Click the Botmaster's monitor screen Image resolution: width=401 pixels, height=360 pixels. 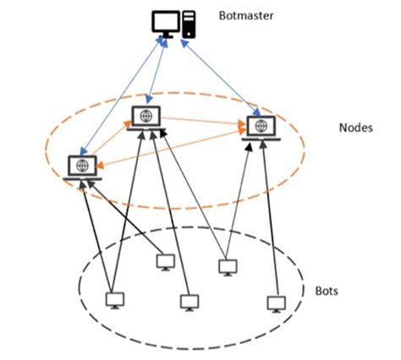(x=166, y=21)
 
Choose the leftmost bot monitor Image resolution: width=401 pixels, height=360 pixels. (x=113, y=300)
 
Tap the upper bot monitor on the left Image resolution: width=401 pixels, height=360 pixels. (x=166, y=263)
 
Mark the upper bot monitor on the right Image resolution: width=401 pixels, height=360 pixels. (x=226, y=267)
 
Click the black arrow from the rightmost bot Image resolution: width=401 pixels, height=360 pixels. (x=270, y=220)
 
